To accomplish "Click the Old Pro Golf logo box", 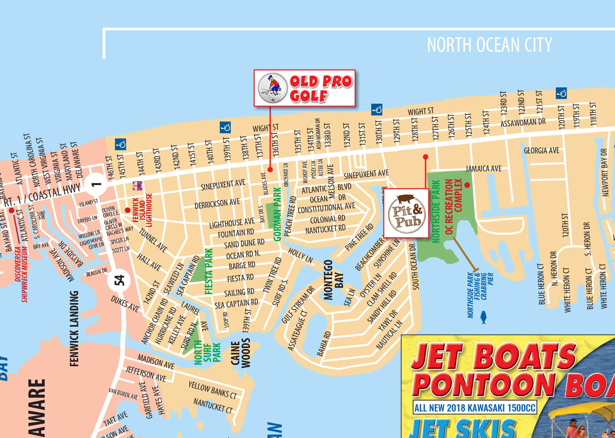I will click(x=304, y=88).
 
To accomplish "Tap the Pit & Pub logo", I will click(x=406, y=213).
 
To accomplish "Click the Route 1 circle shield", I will click(x=96, y=184).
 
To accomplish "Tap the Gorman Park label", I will click(x=277, y=214).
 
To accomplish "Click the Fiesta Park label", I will click(x=209, y=271).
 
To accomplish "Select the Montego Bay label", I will click(x=334, y=280).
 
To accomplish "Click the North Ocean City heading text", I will click(x=489, y=45).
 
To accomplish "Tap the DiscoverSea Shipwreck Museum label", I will click(x=21, y=274).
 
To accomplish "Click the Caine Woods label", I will click(x=240, y=354).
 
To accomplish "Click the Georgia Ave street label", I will click(x=541, y=150).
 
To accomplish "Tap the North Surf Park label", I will click(x=207, y=352).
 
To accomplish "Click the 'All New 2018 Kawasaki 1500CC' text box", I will click(x=475, y=407).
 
